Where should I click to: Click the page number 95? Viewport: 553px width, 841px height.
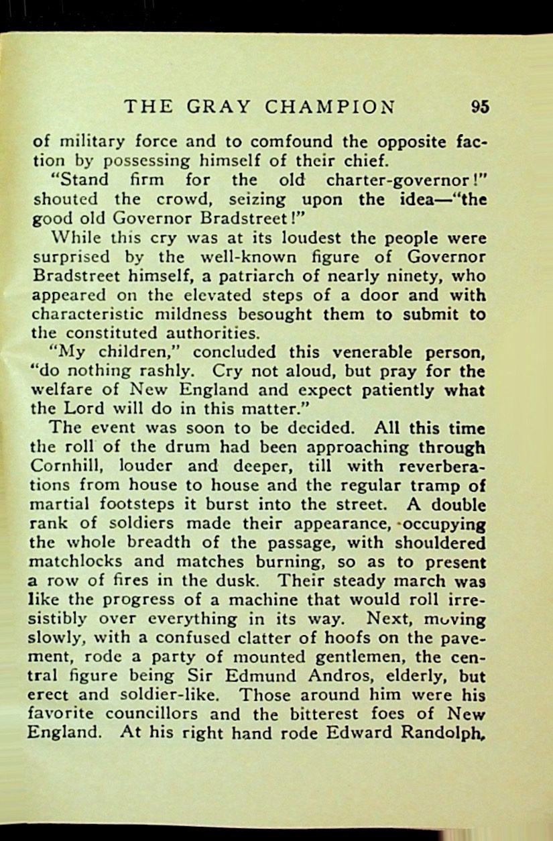click(x=480, y=107)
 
